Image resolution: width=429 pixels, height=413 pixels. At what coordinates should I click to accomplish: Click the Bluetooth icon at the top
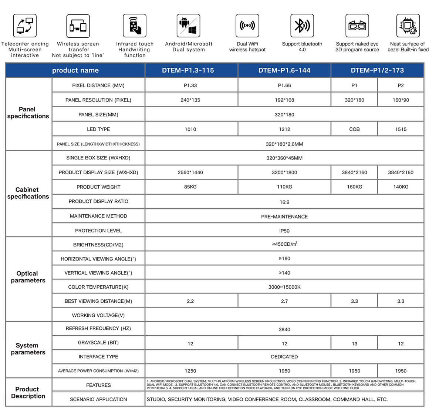coord(302,26)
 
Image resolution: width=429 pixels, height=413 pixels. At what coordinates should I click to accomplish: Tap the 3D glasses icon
coord(357,26)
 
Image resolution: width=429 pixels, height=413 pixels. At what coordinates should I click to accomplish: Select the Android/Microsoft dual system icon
coord(188,26)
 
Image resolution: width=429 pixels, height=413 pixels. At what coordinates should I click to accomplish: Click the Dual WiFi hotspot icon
coord(247,26)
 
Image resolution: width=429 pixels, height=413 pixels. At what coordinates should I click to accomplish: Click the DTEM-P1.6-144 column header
coord(284,70)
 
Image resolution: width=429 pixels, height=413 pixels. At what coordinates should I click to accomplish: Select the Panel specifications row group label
coord(28,113)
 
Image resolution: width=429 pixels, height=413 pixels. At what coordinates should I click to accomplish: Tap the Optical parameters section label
coord(28,277)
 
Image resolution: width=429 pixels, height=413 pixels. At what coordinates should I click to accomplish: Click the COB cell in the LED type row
coord(354,129)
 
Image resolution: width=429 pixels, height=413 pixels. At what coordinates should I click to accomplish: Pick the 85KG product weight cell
coord(190,187)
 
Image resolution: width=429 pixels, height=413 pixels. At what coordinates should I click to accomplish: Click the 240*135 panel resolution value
coord(190,100)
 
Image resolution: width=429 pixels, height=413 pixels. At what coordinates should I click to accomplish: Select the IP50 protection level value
coord(284,231)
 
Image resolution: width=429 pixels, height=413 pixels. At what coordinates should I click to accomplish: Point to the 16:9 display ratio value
coord(284,202)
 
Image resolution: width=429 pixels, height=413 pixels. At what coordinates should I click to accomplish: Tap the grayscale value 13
coord(354,343)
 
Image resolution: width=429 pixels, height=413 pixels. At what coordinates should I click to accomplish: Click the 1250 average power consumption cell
coord(190,371)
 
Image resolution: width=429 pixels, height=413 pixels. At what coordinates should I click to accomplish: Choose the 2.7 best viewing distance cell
coord(284,301)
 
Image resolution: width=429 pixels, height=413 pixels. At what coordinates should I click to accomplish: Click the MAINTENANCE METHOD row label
coord(98,216)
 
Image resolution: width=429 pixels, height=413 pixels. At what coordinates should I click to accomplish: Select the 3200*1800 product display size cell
coord(284,172)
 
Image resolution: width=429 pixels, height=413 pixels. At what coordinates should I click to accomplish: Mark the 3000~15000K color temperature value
coord(284,287)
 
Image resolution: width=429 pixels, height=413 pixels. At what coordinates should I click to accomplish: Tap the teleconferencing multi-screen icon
coord(25,26)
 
